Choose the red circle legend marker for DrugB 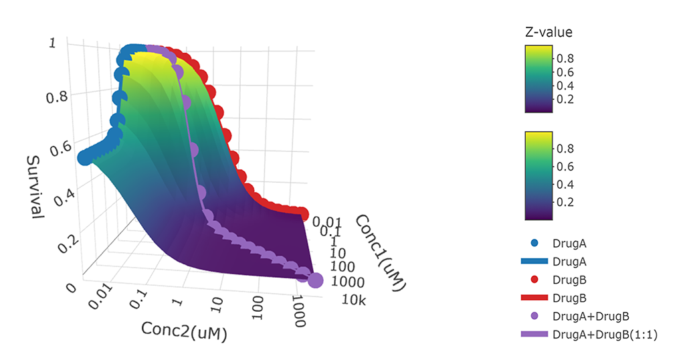(534, 277)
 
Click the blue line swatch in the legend (534, 258)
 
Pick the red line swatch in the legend (534, 296)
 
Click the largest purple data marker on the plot (314, 281)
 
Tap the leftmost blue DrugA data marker (85, 157)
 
